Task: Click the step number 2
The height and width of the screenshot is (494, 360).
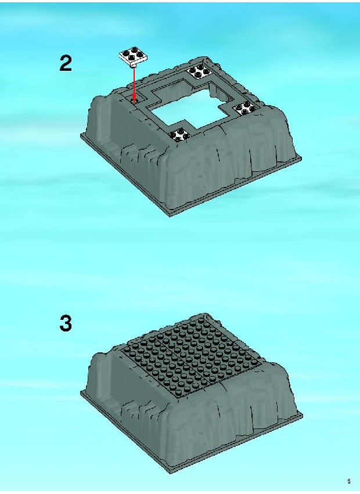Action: pyautogui.click(x=66, y=63)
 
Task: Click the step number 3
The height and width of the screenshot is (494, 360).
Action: pyautogui.click(x=66, y=323)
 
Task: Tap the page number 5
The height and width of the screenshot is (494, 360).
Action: pyautogui.click(x=348, y=481)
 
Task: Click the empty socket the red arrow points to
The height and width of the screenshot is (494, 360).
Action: pyautogui.click(x=134, y=101)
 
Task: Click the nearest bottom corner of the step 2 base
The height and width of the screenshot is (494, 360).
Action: pyautogui.click(x=170, y=216)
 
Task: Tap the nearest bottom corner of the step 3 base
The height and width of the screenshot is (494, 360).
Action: pyautogui.click(x=171, y=474)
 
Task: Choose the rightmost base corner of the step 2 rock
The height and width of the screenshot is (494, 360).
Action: pyautogui.click(x=301, y=157)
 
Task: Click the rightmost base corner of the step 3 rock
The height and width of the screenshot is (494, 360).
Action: pyautogui.click(x=303, y=414)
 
